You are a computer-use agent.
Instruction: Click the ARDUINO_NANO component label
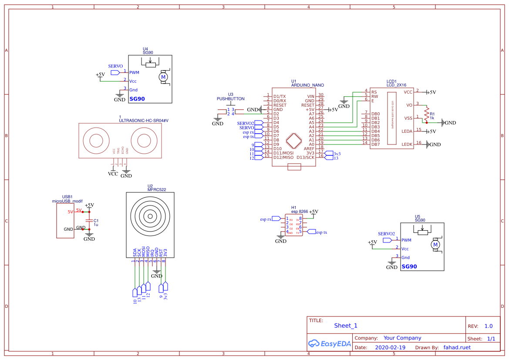click(x=307, y=85)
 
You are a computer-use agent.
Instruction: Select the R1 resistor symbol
click(x=427, y=114)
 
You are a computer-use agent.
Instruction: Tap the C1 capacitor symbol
click(x=89, y=221)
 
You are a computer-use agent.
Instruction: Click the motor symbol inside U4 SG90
click(x=164, y=77)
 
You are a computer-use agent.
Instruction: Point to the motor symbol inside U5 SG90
click(x=435, y=246)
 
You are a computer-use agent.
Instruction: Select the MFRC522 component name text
click(x=156, y=190)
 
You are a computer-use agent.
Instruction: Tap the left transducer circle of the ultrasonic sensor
click(x=97, y=141)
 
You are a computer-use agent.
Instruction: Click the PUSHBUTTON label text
click(x=230, y=99)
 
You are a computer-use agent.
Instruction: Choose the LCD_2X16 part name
click(x=396, y=85)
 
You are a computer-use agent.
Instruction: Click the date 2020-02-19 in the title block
click(x=390, y=348)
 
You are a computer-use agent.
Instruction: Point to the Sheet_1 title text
click(x=345, y=326)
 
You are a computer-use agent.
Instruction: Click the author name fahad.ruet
click(x=457, y=347)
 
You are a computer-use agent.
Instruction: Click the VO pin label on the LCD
click(x=409, y=105)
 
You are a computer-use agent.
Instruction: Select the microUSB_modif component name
click(x=67, y=201)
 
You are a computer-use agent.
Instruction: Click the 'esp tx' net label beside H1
click(x=321, y=232)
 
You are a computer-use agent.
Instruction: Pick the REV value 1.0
click(x=488, y=326)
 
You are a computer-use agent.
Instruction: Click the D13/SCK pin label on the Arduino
click(x=305, y=158)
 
